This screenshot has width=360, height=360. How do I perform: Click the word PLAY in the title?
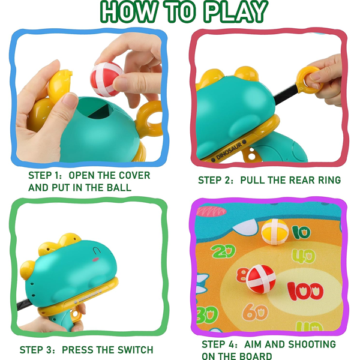pyautogui.click(x=236, y=11)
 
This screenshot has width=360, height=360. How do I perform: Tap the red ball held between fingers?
pyautogui.click(x=107, y=79)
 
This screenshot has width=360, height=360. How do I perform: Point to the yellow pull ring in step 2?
pyautogui.click(x=309, y=79)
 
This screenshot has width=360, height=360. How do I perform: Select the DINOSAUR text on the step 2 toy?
pyautogui.click(x=229, y=151)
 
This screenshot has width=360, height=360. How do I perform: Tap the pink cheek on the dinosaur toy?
pyautogui.click(x=95, y=259)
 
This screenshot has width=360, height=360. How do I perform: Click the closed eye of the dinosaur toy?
pyautogui.click(x=97, y=250)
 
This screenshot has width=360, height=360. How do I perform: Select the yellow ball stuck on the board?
pyautogui.click(x=275, y=232)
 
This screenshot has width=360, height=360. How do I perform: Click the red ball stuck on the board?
pyautogui.click(x=261, y=279)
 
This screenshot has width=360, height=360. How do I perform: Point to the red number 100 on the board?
pyautogui.click(x=305, y=291)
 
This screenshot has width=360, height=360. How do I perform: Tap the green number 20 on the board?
pyautogui.click(x=223, y=251)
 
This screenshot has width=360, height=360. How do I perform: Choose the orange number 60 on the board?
pyautogui.click(x=255, y=311)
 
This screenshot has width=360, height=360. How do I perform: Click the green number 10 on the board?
pyautogui.click(x=301, y=232)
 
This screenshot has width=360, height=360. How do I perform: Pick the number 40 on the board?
pyautogui.click(x=304, y=256)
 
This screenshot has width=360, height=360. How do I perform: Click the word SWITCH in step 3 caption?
pyautogui.click(x=135, y=350)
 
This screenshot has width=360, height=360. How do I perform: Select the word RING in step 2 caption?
pyautogui.click(x=329, y=180)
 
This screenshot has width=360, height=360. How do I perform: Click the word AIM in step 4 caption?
pyautogui.click(x=253, y=344)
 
